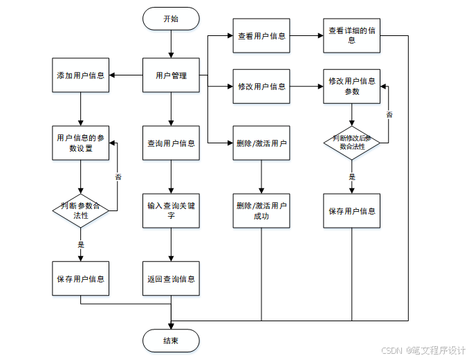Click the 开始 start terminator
(x=171, y=19)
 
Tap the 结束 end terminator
(x=171, y=341)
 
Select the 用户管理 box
(x=171, y=75)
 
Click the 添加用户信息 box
(x=81, y=75)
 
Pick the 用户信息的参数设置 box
(x=81, y=143)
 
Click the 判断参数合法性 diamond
(x=81, y=210)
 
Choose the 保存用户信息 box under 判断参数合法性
(x=81, y=279)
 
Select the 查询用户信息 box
(x=171, y=143)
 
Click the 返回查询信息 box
(x=171, y=279)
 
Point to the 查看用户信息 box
(x=261, y=36)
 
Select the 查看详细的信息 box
(x=352, y=36)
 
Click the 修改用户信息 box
(x=261, y=87)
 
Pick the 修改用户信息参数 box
(x=352, y=87)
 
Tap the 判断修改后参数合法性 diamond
(x=352, y=143)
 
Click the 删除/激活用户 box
(x=261, y=143)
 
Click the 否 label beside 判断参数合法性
(x=118, y=177)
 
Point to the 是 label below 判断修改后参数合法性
(x=352, y=177)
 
